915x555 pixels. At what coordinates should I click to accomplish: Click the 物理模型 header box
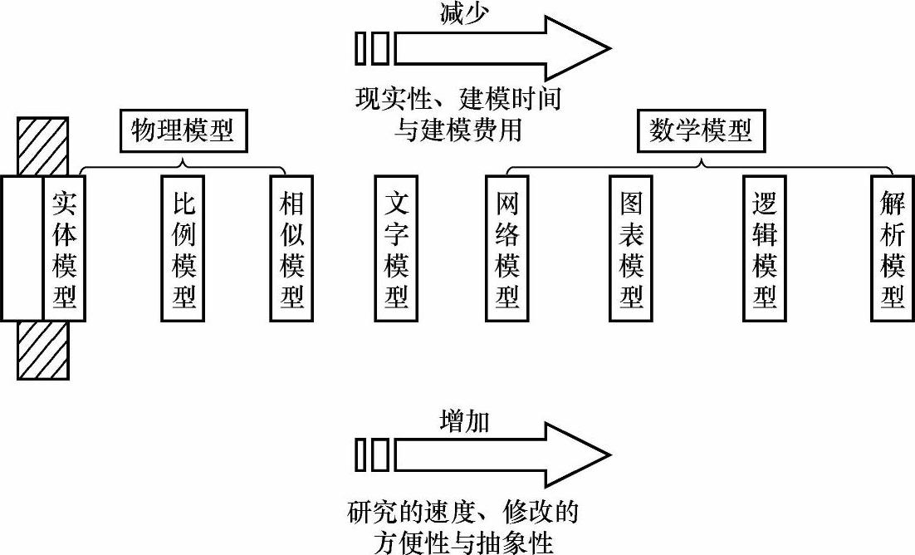(183, 131)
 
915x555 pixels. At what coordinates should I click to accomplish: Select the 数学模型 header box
(700, 131)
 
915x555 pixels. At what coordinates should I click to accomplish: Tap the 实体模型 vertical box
(64, 248)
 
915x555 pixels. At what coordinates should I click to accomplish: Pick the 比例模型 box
(183, 248)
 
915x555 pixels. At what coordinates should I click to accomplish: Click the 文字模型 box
(396, 248)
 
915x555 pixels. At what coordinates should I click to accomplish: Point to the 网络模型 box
(506, 248)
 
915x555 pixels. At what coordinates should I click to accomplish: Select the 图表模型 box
(631, 248)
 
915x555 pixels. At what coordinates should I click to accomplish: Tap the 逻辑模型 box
(765, 248)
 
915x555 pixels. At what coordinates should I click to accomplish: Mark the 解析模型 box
(893, 248)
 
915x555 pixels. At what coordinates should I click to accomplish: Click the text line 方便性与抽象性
(463, 543)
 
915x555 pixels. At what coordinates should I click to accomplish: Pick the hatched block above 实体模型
(42, 147)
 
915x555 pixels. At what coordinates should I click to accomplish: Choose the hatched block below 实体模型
(42, 350)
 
